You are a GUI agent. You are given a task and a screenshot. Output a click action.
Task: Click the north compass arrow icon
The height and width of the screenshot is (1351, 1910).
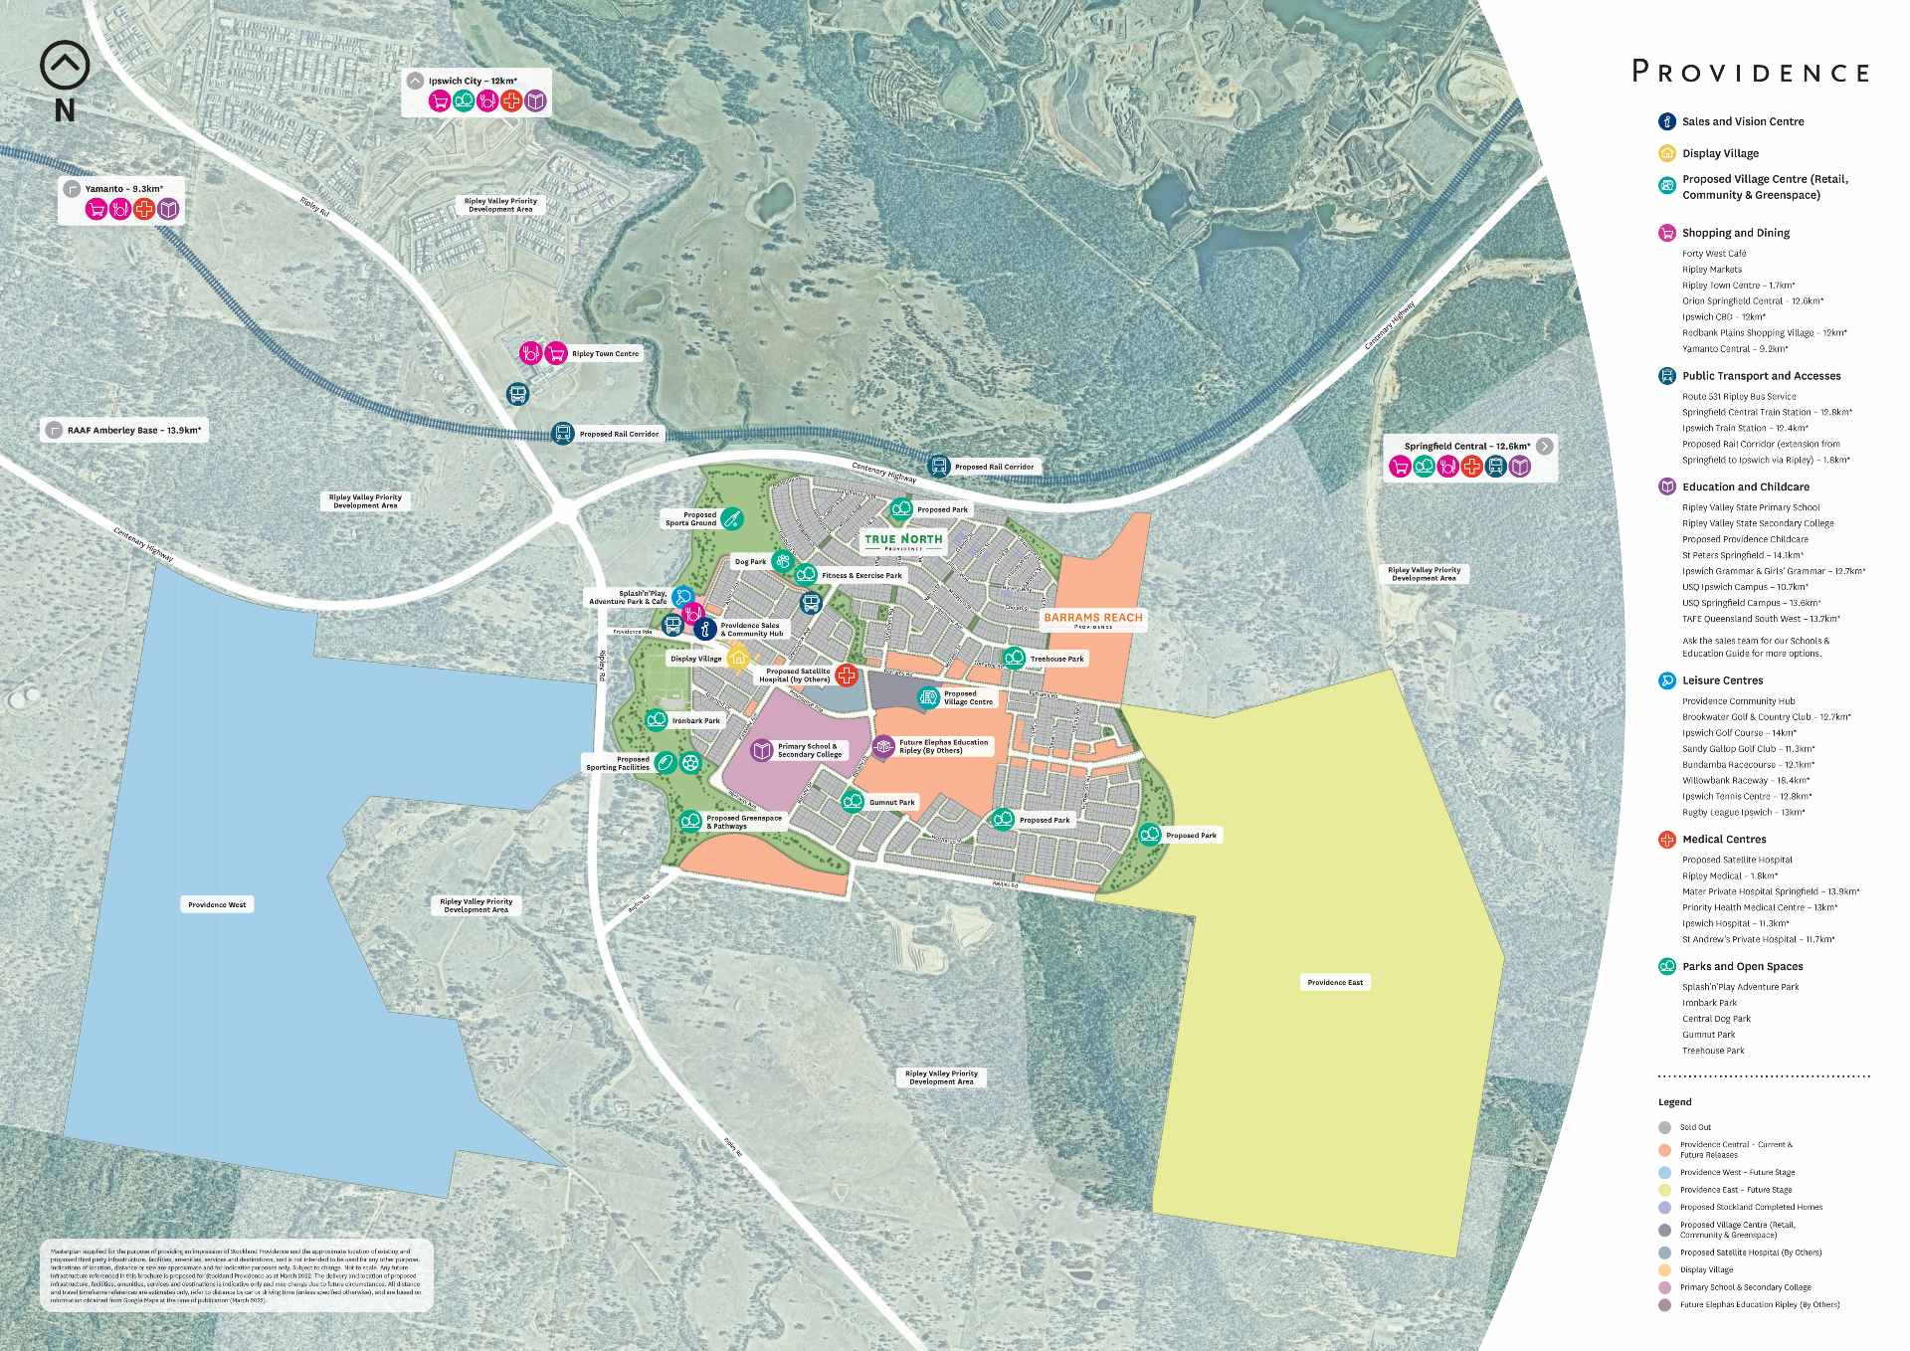coord(65,66)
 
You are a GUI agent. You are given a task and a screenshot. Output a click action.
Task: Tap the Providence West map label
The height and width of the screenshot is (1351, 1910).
coord(217,904)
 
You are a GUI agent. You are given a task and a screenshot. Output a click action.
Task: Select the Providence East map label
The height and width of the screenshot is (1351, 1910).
coord(1335,982)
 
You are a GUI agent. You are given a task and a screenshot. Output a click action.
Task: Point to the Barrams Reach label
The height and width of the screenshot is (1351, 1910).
coord(1092,619)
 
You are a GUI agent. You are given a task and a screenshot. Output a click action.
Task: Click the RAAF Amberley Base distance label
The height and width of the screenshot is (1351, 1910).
coord(133,431)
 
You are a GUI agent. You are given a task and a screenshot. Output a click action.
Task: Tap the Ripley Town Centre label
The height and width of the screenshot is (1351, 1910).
coord(605,354)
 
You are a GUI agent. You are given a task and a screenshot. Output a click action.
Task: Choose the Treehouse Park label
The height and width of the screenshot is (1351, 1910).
coord(1056,659)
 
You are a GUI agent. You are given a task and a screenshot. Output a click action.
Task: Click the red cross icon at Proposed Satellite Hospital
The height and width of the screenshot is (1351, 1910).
coord(847,675)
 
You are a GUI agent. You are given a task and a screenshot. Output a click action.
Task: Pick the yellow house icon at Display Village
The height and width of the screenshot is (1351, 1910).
coord(738,658)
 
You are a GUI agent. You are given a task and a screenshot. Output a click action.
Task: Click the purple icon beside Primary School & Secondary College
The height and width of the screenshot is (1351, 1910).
coord(762,750)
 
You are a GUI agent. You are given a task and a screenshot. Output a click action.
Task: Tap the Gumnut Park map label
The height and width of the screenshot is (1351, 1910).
coord(891,802)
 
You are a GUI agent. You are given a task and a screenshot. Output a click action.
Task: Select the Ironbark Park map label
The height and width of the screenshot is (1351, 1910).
coord(695,720)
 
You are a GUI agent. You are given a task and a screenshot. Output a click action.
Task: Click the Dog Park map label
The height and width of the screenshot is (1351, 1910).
coord(750,562)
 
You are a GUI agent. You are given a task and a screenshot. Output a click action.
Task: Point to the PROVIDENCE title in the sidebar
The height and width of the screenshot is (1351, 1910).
coord(1751,73)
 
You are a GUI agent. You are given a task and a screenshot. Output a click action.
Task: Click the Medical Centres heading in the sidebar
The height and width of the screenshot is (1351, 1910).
coord(1724,840)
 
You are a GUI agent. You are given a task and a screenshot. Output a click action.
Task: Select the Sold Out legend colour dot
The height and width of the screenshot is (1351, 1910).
coord(1665,1127)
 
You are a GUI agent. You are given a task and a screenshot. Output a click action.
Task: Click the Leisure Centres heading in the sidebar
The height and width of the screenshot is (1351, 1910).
coord(1722,680)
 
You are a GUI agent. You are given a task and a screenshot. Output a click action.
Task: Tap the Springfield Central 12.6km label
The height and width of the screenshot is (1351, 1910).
coord(1466,447)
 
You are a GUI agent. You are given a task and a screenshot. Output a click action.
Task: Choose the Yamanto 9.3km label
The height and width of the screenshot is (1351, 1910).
coord(123,189)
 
